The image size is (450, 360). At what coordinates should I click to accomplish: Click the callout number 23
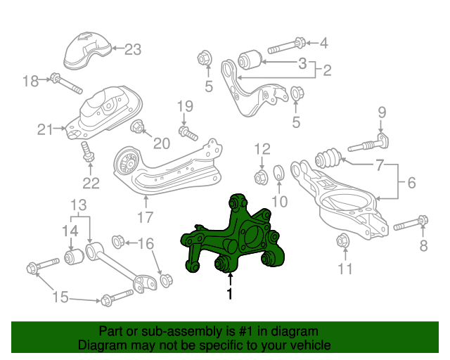point(133,49)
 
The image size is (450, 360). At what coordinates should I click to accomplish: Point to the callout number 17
point(144,218)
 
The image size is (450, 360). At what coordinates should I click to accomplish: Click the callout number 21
point(45,129)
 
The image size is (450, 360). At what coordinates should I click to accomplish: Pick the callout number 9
point(382,112)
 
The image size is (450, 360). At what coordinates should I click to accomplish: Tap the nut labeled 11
point(344,240)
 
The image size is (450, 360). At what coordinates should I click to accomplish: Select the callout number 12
point(262,148)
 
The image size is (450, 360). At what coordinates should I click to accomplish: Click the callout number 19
point(184,106)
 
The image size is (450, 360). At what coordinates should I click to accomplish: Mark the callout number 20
point(162,143)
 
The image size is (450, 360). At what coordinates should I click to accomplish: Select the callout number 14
point(70,230)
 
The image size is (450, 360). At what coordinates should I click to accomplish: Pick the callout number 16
point(146,244)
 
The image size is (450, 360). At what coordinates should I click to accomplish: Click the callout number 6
point(411,184)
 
